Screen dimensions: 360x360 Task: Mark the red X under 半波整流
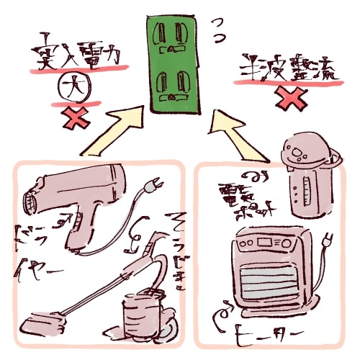pos(288,100)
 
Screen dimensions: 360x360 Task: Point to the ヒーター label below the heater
pos(266,336)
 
